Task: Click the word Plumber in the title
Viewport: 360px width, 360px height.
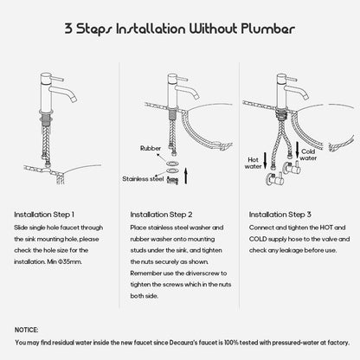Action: pos(268,29)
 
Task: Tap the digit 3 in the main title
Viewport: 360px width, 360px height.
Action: pos(68,29)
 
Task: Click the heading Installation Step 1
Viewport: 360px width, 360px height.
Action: pos(44,215)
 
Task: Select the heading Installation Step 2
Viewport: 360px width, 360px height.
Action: pos(161,215)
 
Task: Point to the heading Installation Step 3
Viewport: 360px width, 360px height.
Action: pos(280,215)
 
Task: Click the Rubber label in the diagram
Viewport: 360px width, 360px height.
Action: pos(151,148)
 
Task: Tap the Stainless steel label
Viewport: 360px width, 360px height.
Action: pos(143,179)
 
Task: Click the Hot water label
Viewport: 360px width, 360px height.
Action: pos(253,163)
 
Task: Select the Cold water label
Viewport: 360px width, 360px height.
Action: pos(308,155)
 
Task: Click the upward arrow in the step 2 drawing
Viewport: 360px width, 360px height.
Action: pos(186,176)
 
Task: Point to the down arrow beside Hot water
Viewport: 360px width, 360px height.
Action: pos(265,161)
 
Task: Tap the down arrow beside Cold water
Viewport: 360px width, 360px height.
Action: pos(298,150)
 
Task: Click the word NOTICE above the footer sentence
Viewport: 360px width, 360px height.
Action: pos(26,330)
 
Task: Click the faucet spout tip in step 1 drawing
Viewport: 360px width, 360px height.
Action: pos(74,100)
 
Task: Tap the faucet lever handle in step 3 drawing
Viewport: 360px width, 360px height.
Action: pos(291,79)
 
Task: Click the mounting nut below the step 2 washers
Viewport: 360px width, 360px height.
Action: pos(172,180)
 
